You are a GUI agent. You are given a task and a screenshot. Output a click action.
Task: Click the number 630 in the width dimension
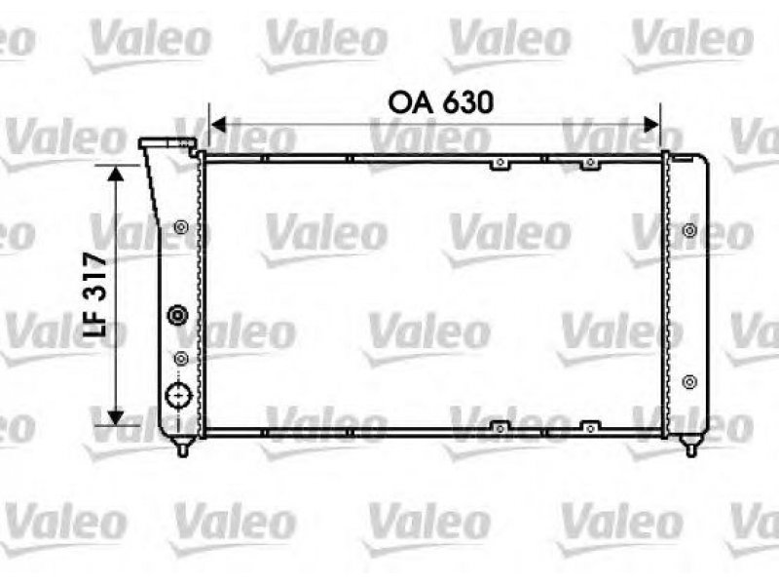pos(467,102)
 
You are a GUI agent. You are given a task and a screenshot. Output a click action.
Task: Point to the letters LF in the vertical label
pos(94,322)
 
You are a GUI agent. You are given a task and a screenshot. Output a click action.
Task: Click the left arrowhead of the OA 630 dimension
pos(218,125)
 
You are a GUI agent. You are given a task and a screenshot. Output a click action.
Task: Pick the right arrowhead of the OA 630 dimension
pos(651,125)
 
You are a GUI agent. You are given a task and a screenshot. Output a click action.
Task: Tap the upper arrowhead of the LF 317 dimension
pos(116,174)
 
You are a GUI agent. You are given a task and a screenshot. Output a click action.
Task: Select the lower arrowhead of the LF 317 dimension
pos(116,417)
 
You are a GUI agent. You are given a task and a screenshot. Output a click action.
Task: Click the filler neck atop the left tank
pos(167,143)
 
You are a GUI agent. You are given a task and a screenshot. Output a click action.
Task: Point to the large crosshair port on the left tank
pos(178,396)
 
